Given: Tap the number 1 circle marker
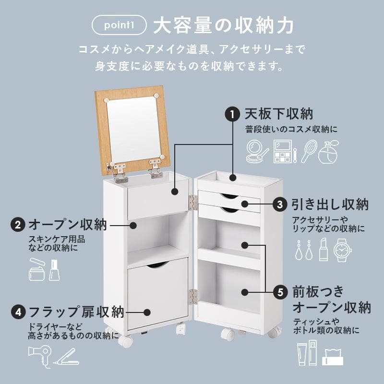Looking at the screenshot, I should pyautogui.click(x=232, y=115).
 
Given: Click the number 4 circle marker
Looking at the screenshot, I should pyautogui.click(x=18, y=312).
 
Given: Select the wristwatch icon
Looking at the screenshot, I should pyautogui.click(x=343, y=250).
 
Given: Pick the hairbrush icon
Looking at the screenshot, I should pyautogui.click(x=310, y=150).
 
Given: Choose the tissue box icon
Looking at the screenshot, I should pyautogui.click(x=334, y=356).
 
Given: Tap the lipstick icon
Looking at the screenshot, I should pyautogui.click(x=324, y=250).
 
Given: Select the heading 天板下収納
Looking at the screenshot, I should pyautogui.click(x=279, y=114).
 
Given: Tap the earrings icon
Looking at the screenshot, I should pyautogui.click(x=304, y=250).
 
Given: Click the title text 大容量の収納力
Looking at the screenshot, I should pyautogui.click(x=223, y=26).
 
